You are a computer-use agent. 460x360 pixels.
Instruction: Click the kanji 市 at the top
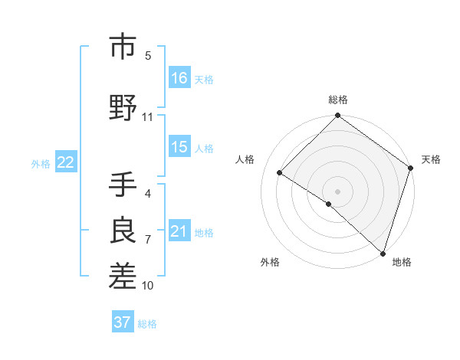(x=124, y=47)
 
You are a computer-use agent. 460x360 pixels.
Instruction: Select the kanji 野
(x=124, y=109)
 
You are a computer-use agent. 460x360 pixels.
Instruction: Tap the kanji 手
(x=124, y=186)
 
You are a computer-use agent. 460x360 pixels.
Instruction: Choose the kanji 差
(x=124, y=277)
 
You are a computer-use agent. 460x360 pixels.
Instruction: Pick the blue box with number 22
(x=66, y=162)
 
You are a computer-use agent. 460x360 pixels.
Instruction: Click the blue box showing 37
(x=123, y=322)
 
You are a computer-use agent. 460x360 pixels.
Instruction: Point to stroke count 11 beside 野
(x=147, y=117)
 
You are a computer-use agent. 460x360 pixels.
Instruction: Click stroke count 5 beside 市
(x=148, y=55)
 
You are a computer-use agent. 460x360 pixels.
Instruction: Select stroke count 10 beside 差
(x=147, y=286)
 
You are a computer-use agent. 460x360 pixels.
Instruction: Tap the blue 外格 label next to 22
(x=41, y=163)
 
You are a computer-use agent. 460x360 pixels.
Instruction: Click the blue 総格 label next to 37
(x=147, y=324)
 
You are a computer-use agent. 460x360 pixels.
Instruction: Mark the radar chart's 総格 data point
(x=337, y=116)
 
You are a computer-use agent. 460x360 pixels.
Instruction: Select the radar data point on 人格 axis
(x=281, y=173)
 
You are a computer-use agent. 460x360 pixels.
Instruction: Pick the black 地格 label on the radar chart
(x=402, y=263)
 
